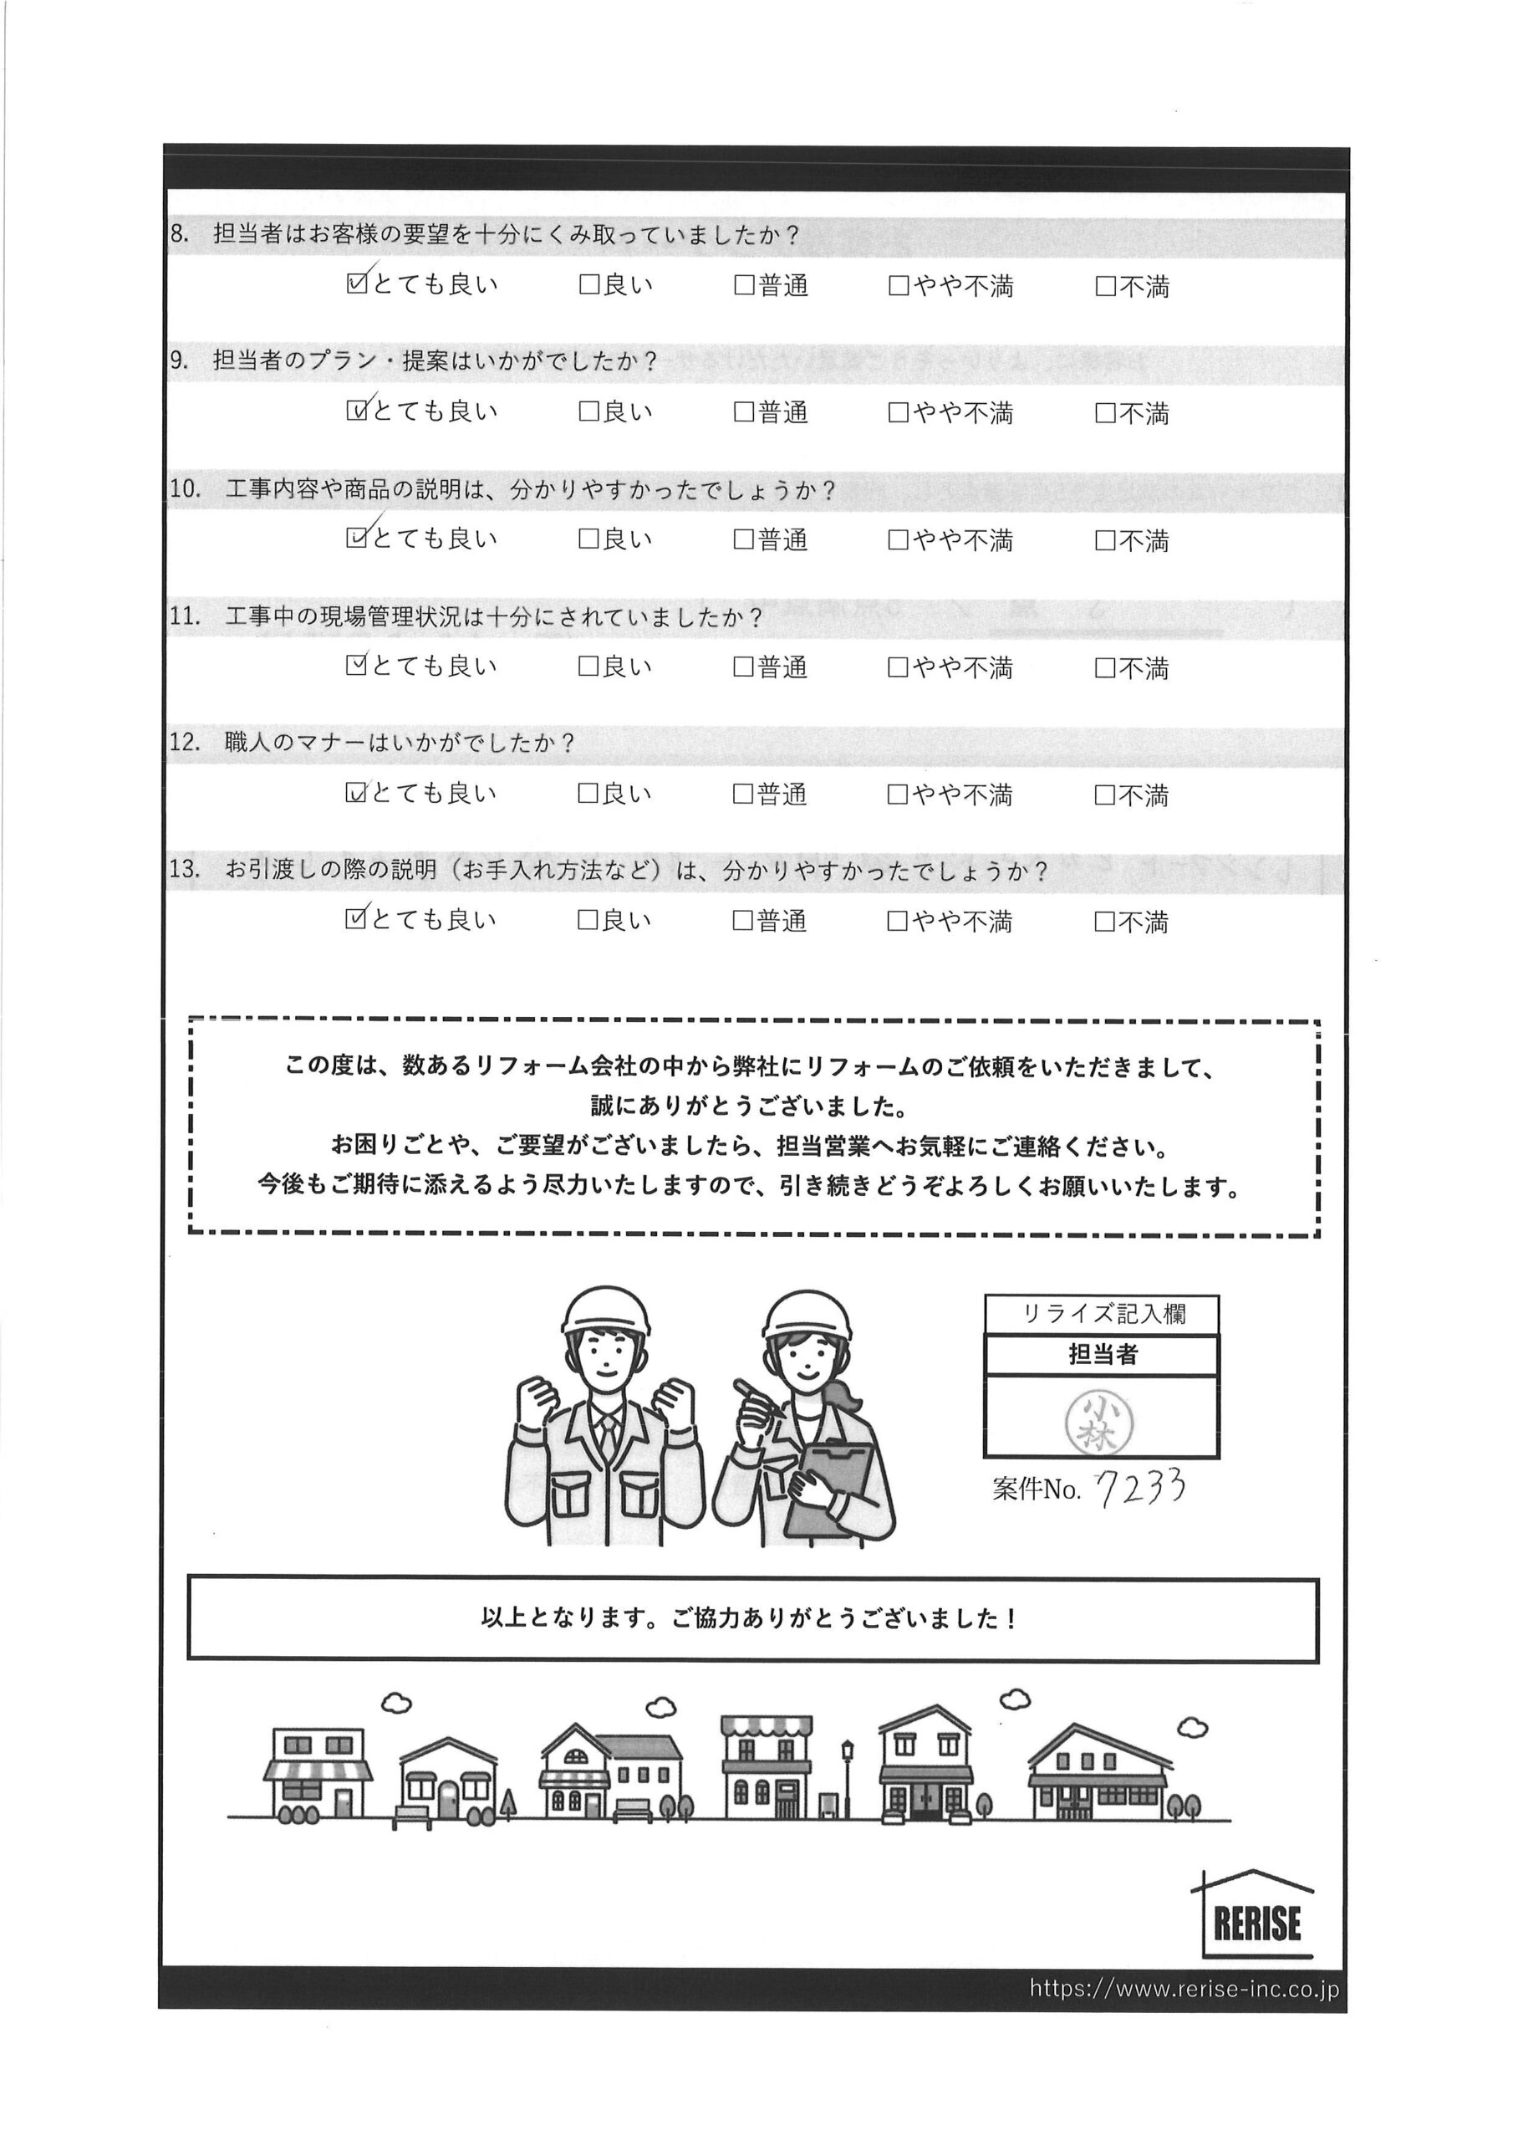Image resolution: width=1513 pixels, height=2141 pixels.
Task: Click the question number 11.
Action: click(185, 616)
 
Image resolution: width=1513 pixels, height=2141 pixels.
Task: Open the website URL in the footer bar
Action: click(1184, 1988)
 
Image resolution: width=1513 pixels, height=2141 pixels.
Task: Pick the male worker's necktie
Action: click(607, 1437)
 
